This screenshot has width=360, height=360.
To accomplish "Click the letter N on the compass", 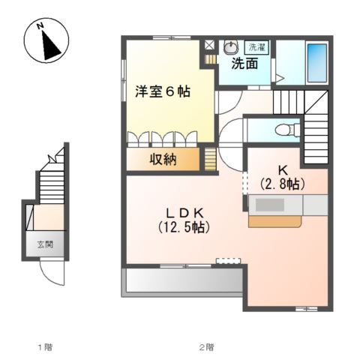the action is click(40, 26).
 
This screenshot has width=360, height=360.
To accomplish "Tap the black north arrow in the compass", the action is click(50, 46).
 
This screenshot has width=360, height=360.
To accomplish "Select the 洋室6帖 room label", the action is click(163, 91).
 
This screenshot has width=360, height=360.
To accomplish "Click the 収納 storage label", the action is click(163, 159).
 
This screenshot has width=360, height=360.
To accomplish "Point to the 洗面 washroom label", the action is click(244, 64).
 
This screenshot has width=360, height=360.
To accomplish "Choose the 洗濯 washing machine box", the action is click(256, 47).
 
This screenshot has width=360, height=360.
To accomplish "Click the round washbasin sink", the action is click(231, 47).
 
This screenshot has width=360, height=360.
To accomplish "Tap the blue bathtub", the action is click(317, 63).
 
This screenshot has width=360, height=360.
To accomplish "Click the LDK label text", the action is click(184, 214).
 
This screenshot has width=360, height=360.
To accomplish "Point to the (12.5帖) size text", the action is click(184, 227).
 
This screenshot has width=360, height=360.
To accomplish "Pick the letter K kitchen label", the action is click(283, 170).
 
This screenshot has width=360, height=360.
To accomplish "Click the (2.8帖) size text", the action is click(282, 184).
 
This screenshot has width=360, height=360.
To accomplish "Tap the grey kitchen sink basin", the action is click(269, 205).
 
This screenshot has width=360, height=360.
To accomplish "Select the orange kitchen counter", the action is click(274, 221).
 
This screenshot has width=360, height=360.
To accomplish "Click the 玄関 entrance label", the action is click(45, 244).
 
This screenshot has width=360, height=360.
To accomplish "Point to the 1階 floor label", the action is click(45, 347).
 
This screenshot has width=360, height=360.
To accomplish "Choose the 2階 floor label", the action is click(206, 347).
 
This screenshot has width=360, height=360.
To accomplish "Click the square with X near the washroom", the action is click(209, 45).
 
